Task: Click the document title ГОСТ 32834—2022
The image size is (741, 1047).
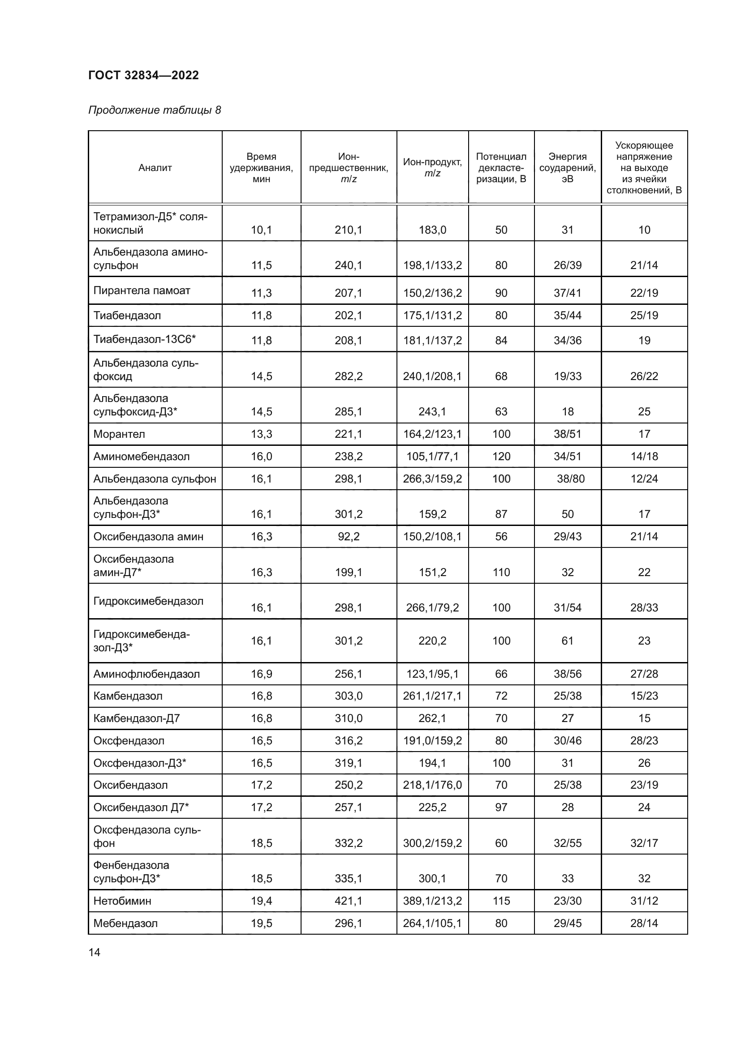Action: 143,75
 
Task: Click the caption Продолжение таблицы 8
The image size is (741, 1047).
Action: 154,110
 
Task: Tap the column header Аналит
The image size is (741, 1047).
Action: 155,168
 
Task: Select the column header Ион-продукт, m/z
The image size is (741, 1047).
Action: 432,167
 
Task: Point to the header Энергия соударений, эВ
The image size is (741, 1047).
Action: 567,167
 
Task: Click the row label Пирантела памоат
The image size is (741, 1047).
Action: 142,291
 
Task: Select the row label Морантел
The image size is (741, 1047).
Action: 119,434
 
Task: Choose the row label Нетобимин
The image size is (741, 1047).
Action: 122,901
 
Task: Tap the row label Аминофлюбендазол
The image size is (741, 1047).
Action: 146,674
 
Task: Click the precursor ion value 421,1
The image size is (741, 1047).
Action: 348,901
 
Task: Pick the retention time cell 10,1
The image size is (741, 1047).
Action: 261,230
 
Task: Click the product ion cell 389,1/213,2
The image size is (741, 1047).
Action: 432,901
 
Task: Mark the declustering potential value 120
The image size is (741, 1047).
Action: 501,457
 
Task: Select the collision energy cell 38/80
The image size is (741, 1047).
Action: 570,479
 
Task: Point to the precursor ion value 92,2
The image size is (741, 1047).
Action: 348,537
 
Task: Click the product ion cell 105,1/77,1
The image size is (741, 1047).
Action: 432,457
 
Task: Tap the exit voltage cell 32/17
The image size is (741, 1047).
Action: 644,843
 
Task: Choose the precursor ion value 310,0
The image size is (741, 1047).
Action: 348,718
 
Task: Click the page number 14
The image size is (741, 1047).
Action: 94,952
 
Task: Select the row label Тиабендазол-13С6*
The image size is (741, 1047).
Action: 144,339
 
